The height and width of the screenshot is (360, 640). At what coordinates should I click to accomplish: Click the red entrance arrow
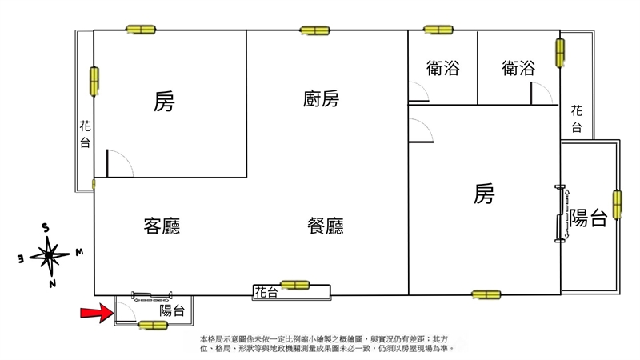tap(97, 313)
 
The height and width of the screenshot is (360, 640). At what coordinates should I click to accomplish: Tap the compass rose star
tap(50, 256)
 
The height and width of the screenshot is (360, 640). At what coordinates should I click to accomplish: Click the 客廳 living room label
tap(162, 226)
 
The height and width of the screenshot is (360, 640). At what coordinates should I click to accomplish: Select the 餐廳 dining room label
tap(326, 226)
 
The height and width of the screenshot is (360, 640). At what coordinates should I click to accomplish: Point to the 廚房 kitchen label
tap(321, 98)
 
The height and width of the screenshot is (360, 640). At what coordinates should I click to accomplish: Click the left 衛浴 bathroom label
tap(443, 68)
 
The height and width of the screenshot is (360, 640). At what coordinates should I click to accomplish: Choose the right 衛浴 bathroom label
tap(518, 68)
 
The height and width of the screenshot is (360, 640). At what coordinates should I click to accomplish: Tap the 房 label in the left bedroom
tap(164, 102)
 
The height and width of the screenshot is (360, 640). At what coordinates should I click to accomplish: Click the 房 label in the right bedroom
tap(484, 193)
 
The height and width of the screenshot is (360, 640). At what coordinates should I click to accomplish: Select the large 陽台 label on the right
tap(589, 218)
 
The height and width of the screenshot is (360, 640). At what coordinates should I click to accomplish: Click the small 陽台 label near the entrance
tap(172, 310)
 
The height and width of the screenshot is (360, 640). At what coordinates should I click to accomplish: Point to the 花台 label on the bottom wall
tap(266, 292)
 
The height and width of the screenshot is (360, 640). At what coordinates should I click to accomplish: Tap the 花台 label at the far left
tap(85, 134)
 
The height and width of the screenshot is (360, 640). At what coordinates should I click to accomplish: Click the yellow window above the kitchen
tap(314, 30)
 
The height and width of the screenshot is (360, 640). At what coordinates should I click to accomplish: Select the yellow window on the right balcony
tap(617, 204)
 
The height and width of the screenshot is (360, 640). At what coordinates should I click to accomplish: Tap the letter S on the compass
tap(46, 228)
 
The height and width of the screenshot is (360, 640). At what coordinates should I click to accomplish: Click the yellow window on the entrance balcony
tap(153, 326)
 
